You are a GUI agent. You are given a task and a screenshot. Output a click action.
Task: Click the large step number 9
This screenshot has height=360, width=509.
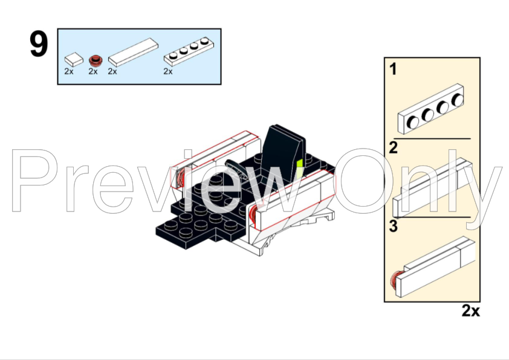coord(39,44)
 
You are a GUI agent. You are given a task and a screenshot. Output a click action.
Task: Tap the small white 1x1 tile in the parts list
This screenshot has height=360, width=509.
coord(74,60)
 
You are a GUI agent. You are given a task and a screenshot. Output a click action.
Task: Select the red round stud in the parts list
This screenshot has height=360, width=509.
coord(96,60)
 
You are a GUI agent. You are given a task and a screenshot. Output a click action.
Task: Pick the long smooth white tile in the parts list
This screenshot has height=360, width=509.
coord(133,52)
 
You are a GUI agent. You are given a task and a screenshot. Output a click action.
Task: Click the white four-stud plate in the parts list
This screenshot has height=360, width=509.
coord(189,51)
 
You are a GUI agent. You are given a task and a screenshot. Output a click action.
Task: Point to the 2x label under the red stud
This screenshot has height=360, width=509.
coord(93,71)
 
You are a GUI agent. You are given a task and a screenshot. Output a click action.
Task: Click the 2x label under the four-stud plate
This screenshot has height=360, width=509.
coord(168,71)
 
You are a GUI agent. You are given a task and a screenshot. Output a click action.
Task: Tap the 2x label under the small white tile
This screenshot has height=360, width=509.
coord(69,71)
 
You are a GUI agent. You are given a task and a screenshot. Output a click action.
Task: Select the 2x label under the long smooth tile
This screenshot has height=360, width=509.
coord(112,71)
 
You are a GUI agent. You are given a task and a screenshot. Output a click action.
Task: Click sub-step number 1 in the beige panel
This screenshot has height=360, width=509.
coord(393,69)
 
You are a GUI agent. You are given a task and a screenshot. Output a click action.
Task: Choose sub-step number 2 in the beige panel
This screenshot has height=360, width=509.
coord(393,147)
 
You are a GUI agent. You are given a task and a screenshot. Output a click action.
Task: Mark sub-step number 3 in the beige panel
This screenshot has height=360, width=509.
coord(393,226)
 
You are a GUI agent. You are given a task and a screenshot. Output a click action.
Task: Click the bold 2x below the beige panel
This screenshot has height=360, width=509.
coord(470,310)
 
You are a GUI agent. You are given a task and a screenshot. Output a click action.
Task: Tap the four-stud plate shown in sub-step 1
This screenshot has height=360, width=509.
coord(431,109)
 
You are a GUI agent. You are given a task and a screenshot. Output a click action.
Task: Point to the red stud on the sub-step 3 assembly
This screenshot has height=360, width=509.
coord(396,280)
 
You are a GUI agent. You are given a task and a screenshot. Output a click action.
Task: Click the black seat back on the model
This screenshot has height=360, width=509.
coord(284,152)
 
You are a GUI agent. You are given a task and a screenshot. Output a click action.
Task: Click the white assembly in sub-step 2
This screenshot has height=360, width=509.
coord(433,188)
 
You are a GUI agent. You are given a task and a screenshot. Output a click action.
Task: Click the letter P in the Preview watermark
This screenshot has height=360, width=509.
coord(34,181)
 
